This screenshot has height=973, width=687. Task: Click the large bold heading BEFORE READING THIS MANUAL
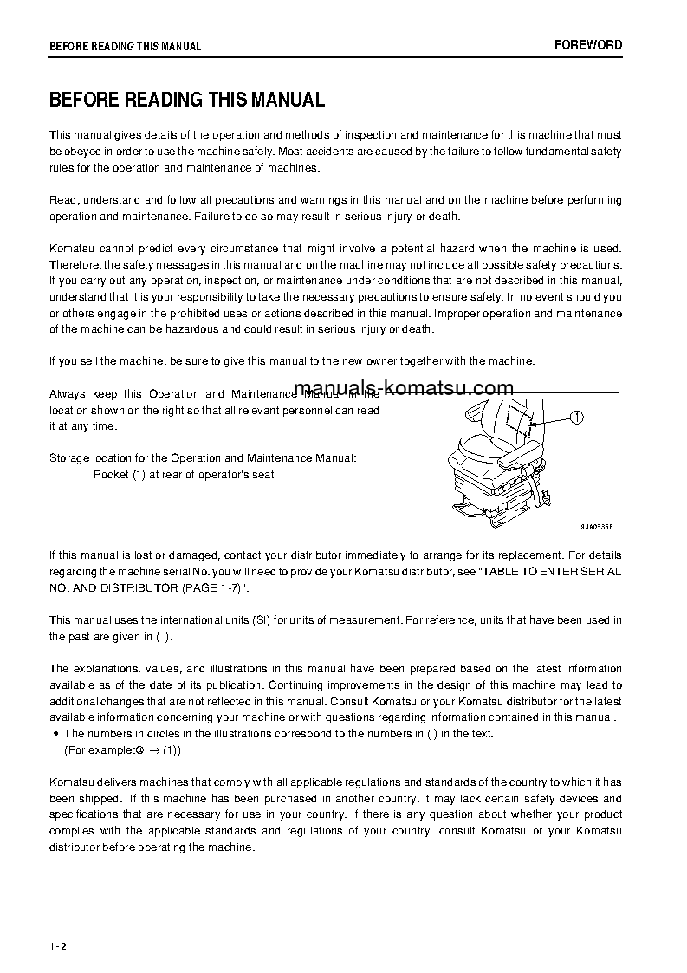(x=186, y=100)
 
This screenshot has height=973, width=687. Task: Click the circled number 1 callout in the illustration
(x=577, y=418)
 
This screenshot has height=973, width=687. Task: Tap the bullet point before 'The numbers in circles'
(x=56, y=734)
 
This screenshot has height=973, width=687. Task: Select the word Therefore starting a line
(x=75, y=264)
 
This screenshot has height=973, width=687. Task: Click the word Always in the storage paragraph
(x=67, y=394)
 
